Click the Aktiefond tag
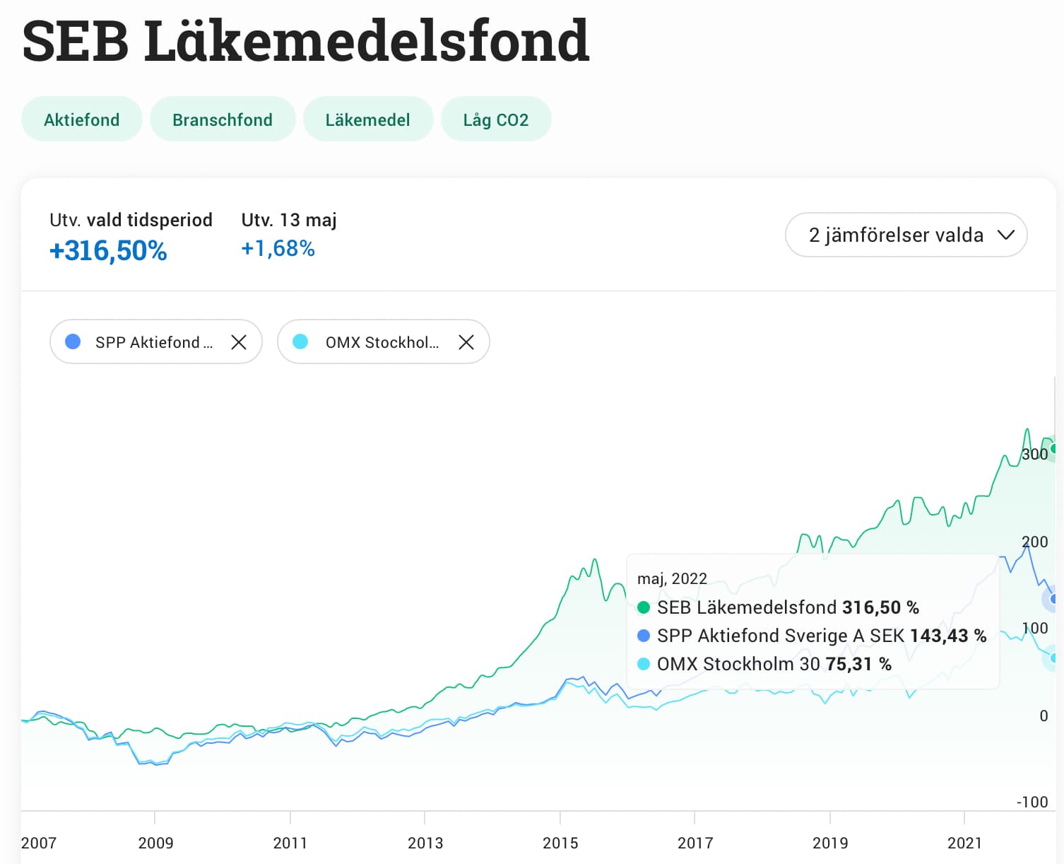pyautogui.click(x=82, y=119)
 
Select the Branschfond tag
pyautogui.click(x=223, y=119)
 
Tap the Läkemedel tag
pyautogui.click(x=367, y=119)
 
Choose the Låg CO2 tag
pyautogui.click(x=496, y=119)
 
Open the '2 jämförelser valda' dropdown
pyautogui.click(x=906, y=235)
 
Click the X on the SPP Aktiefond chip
pyautogui.click(x=239, y=342)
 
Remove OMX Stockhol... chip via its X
pyautogui.click(x=466, y=342)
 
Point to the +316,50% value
pyautogui.click(x=108, y=251)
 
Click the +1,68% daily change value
pyautogui.click(x=278, y=249)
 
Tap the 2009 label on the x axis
pyautogui.click(x=155, y=843)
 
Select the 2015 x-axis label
pyautogui.click(x=560, y=843)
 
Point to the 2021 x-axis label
pyautogui.click(x=964, y=843)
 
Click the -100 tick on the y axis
pyautogui.click(x=1032, y=802)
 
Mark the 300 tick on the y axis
pyautogui.click(x=1035, y=454)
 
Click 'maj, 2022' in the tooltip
pyautogui.click(x=672, y=578)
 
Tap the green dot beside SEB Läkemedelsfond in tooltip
pyautogui.click(x=644, y=607)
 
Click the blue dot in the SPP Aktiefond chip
pyautogui.click(x=73, y=342)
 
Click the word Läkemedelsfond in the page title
pyautogui.click(x=367, y=41)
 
